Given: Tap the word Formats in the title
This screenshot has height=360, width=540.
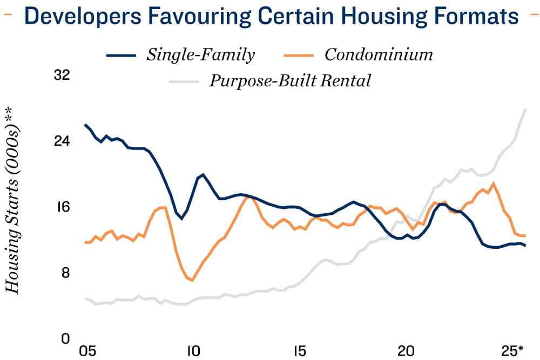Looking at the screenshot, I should coord(478,16).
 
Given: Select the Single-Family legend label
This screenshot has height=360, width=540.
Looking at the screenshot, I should coord(200,55).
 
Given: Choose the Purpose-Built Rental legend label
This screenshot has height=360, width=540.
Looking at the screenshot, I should coord(290,81).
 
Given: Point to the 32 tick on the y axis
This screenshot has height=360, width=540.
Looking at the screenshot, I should coord(63,75).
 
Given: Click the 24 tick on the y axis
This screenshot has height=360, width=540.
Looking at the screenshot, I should coord(63,141).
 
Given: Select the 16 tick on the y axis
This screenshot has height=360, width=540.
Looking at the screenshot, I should coord(63,207).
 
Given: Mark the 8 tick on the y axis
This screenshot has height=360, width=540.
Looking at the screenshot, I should coord(66,273).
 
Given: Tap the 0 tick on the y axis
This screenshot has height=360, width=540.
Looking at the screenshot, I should coord(66,338).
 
